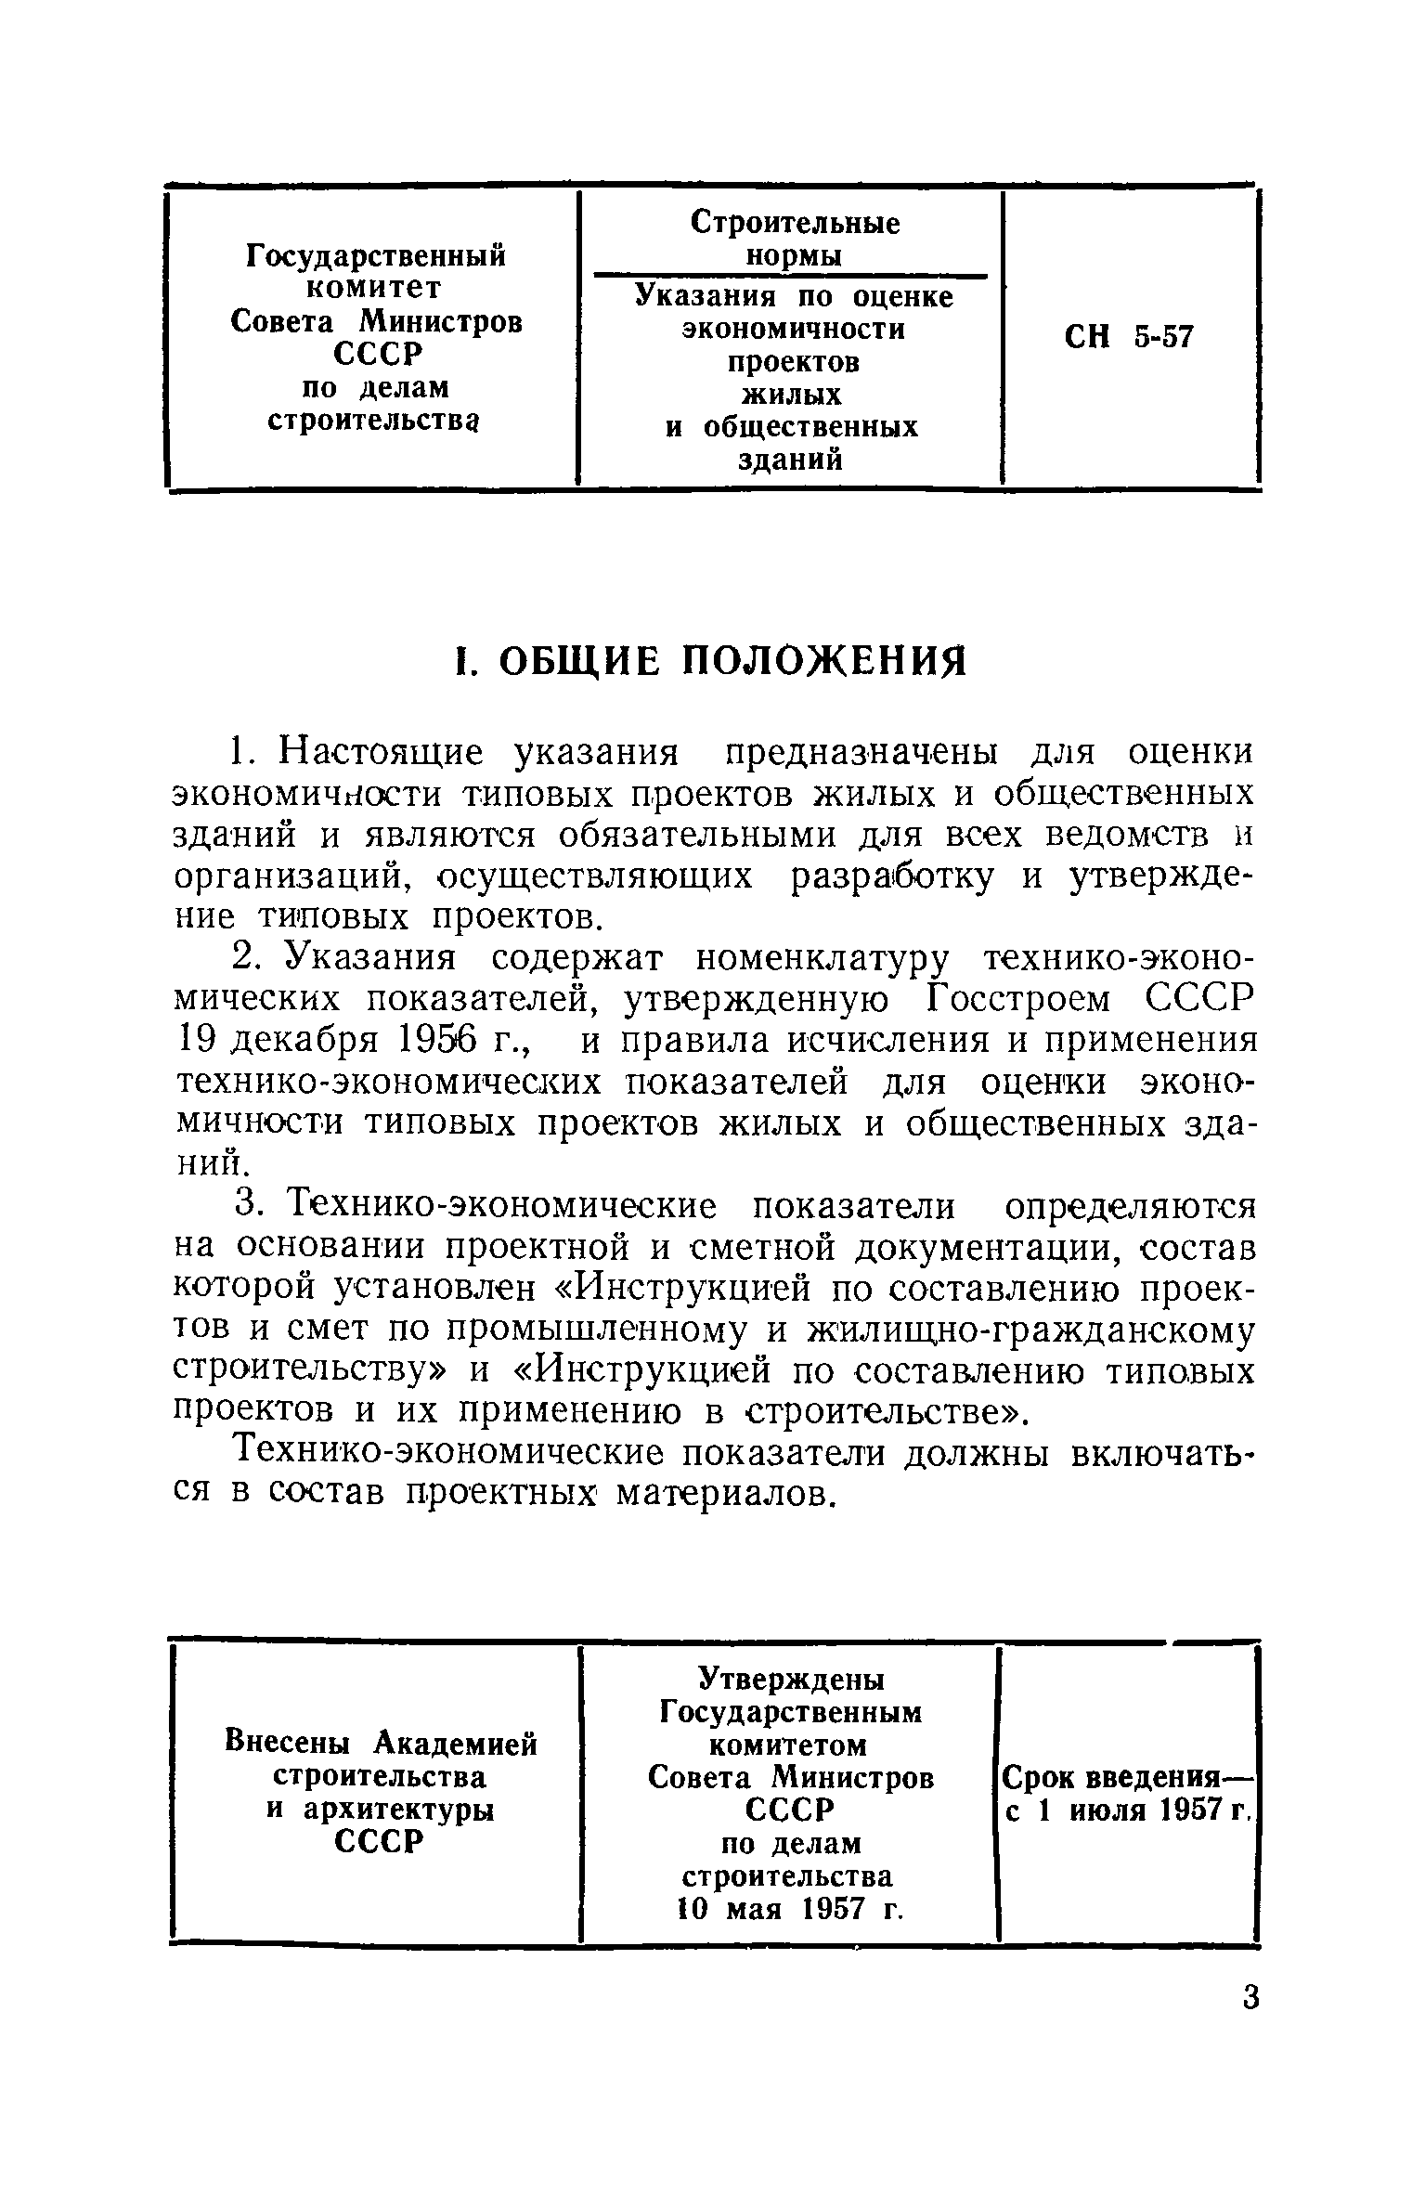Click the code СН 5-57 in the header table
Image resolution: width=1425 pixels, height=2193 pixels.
1128,337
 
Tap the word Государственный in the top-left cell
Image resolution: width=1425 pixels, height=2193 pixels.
376,254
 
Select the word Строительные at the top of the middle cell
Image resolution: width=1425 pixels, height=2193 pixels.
796,223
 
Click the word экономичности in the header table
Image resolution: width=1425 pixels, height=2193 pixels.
794,330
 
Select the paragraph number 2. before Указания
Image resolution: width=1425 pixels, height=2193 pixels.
246,957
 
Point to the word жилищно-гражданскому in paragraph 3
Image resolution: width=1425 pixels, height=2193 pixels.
1030,1330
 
